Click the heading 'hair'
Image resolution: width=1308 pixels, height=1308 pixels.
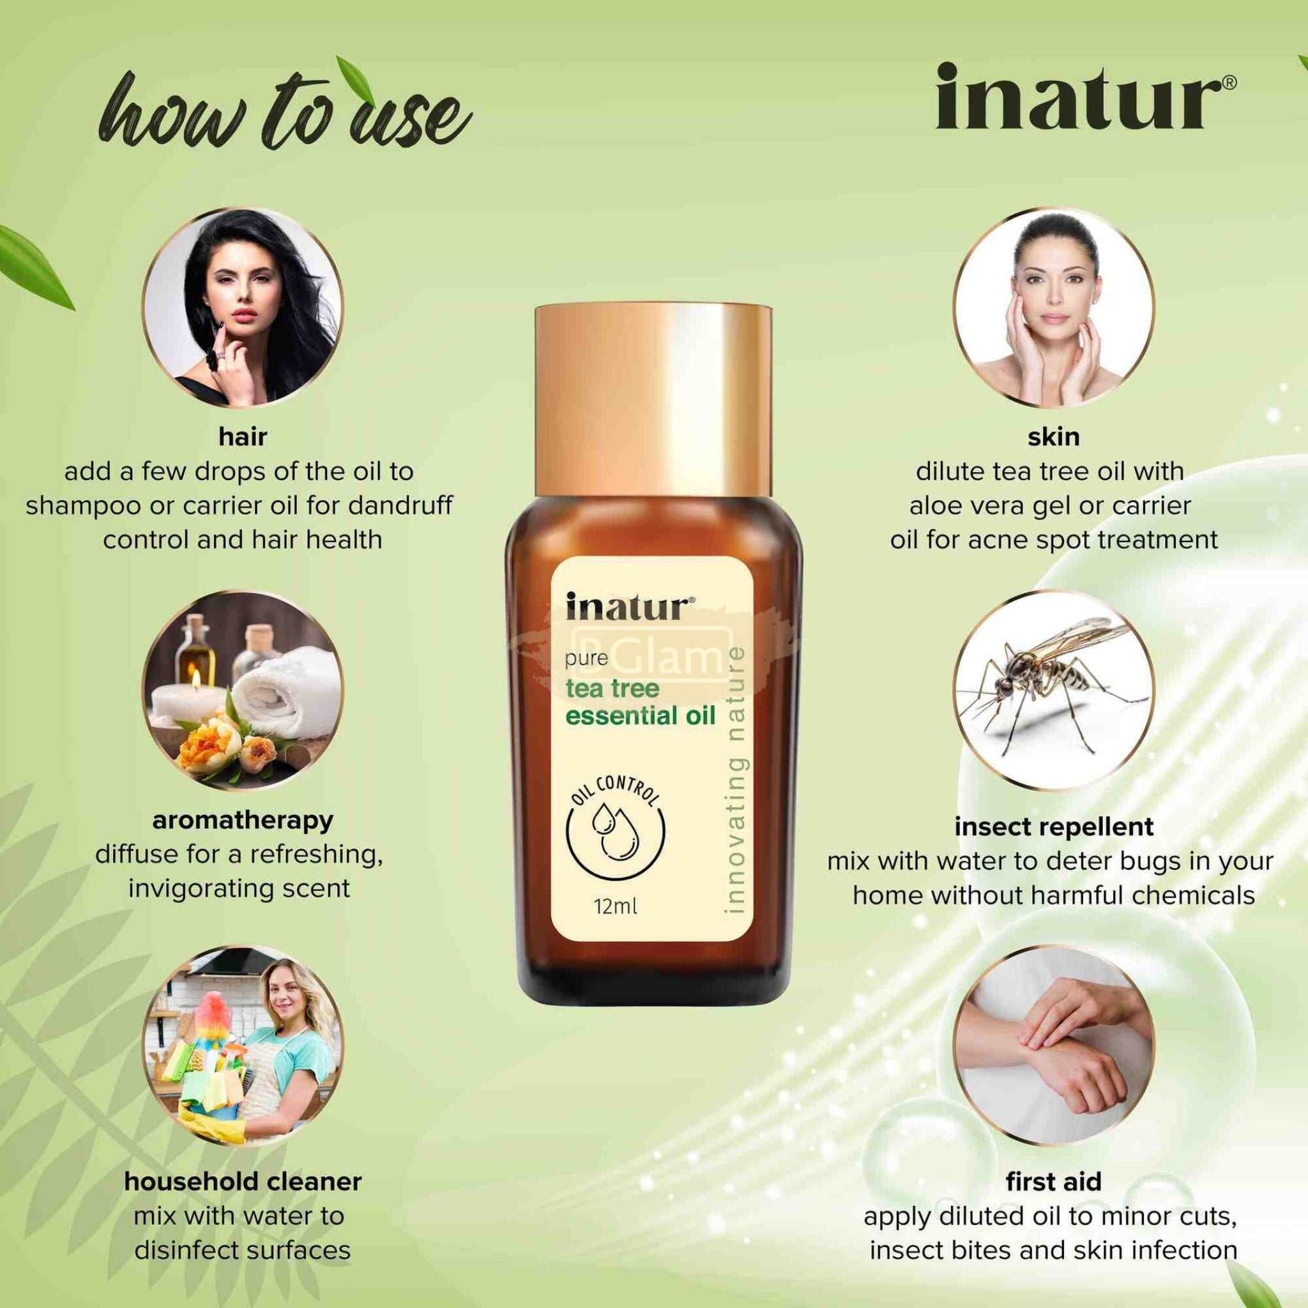tap(242, 437)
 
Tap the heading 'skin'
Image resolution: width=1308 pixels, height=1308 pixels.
tap(1053, 437)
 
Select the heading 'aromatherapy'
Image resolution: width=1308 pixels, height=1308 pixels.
tap(242, 821)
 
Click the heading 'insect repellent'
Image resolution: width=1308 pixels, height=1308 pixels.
tap(1054, 826)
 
